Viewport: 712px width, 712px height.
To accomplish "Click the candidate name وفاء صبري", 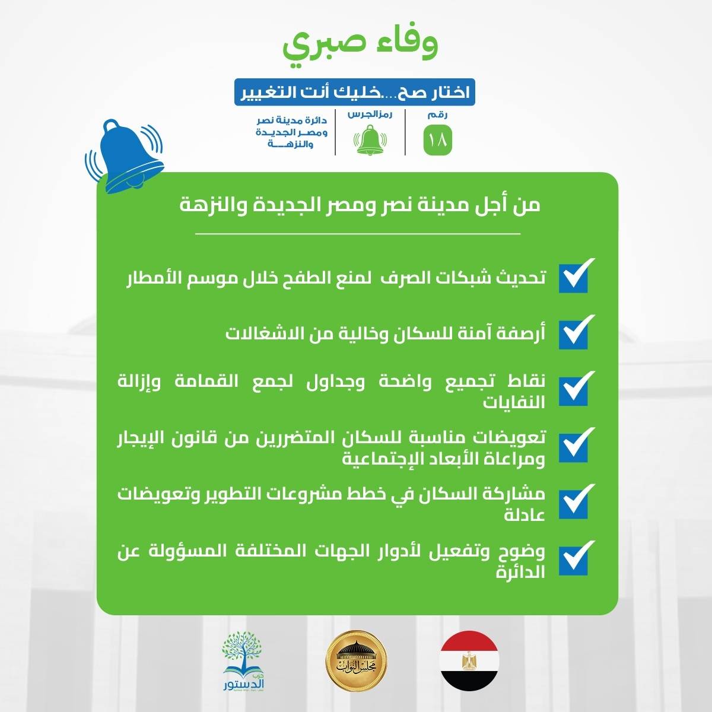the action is tap(360, 48).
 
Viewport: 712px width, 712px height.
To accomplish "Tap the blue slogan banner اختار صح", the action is tap(355, 92).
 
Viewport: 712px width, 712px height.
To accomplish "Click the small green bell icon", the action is tap(370, 139).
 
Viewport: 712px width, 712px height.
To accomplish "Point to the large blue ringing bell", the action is tap(124, 156).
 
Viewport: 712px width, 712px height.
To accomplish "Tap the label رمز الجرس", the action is tap(370, 115).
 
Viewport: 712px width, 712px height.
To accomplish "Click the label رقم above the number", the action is tap(437, 115).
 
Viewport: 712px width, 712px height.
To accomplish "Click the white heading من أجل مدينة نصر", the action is tap(360, 206).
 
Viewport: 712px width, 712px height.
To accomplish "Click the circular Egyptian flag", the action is tap(469, 660).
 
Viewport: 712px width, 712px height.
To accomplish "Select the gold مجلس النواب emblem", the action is tap(356, 660).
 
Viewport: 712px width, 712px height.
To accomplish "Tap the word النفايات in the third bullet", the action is tap(514, 402).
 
